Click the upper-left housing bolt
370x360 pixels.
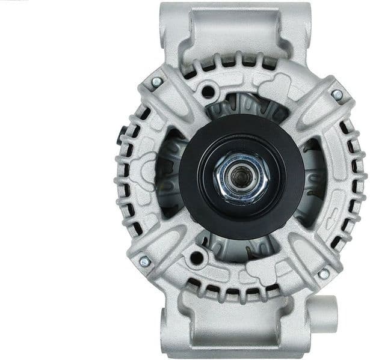(x=156, y=82)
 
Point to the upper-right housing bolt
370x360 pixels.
(x=337, y=94)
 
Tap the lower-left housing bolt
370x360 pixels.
(x=144, y=261)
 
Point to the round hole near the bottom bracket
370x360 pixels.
(x=196, y=258)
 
